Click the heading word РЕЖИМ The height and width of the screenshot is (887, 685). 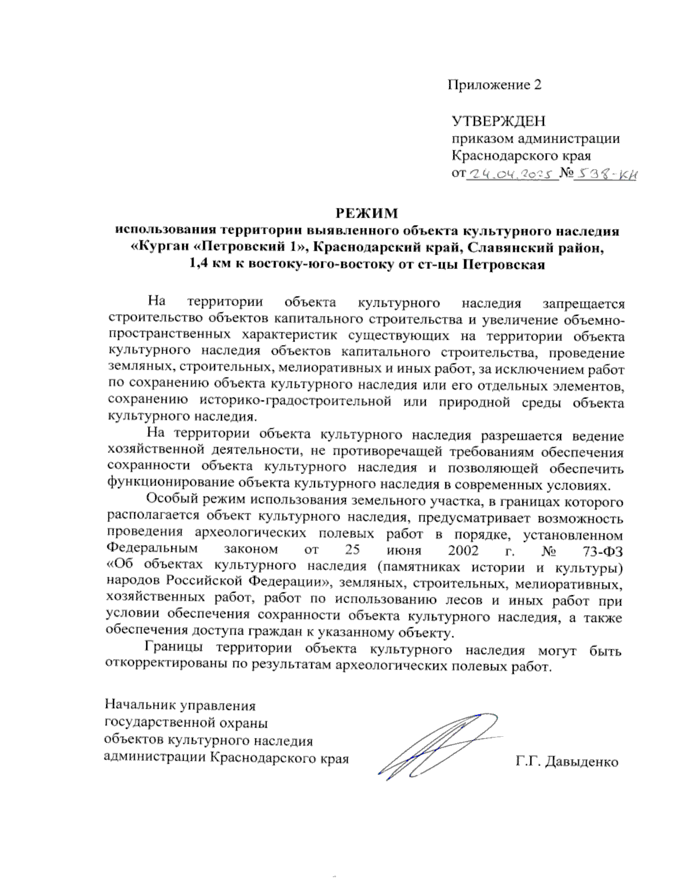pos(366,214)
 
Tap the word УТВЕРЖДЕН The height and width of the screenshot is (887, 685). pos(498,121)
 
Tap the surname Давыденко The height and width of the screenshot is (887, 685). pos(582,762)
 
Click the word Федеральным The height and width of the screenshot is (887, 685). pos(151,549)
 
